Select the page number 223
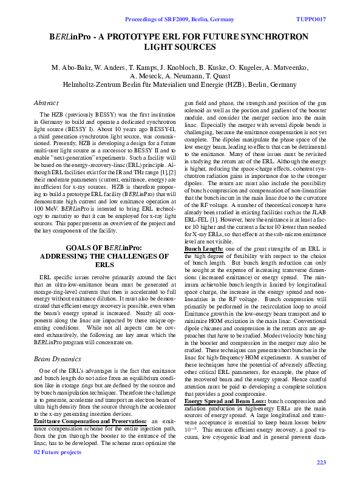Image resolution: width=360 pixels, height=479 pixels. click(x=322, y=463)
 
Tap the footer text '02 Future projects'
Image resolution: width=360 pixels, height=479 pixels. click(x=58, y=469)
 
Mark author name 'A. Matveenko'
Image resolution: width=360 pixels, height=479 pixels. click(x=285, y=67)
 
